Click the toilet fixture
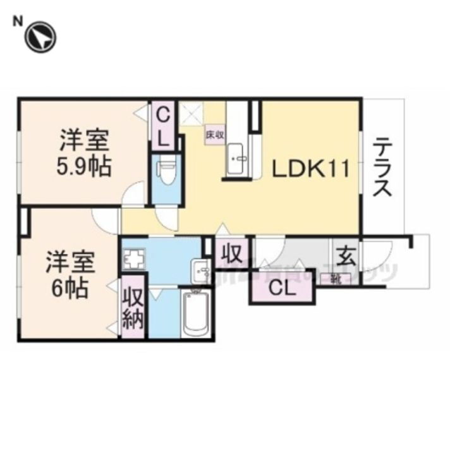click(x=166, y=171)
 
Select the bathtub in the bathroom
click(x=195, y=313)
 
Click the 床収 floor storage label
click(x=214, y=135)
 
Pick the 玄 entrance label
click(x=345, y=257)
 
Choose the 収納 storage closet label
click(x=133, y=308)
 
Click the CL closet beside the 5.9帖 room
click(x=163, y=126)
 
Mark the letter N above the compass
click(x=18, y=20)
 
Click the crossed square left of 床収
click(x=190, y=113)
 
